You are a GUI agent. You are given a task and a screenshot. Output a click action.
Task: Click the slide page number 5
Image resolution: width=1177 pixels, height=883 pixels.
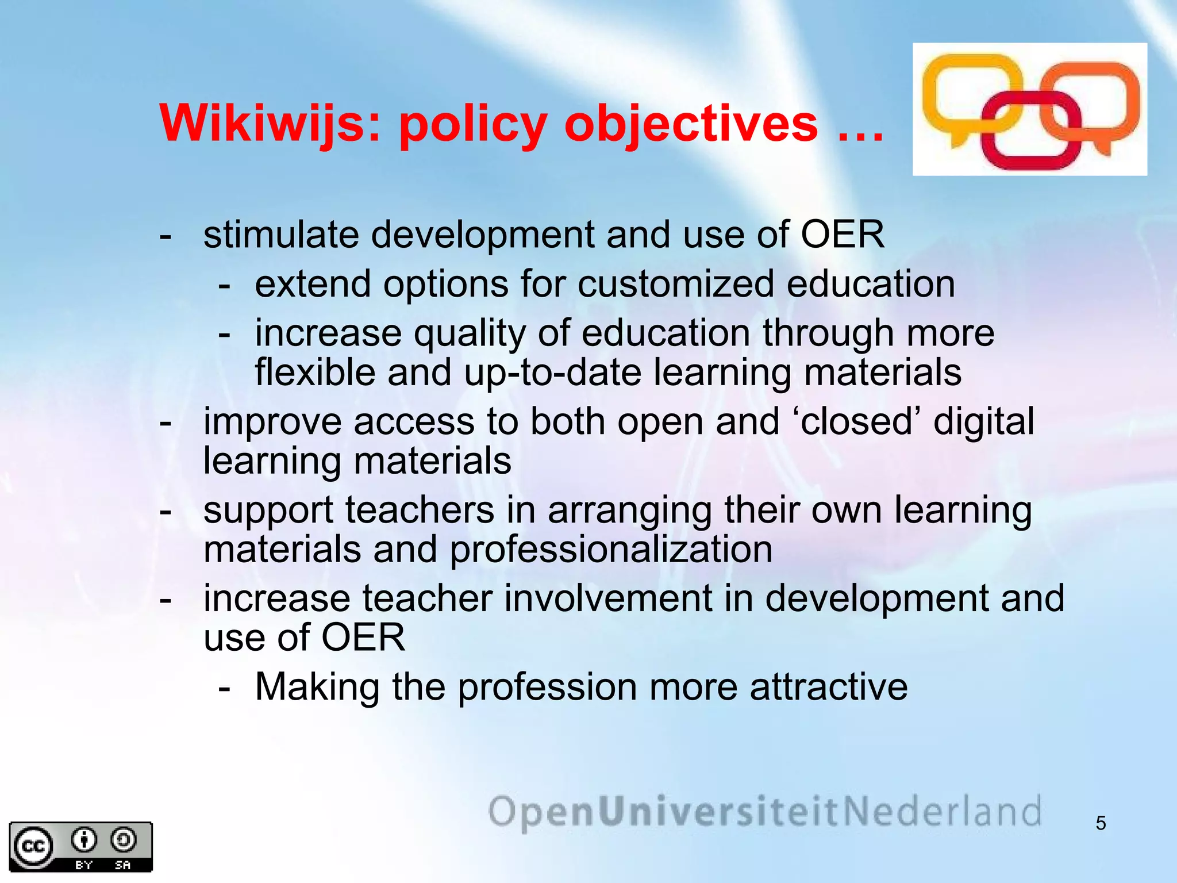(1101, 823)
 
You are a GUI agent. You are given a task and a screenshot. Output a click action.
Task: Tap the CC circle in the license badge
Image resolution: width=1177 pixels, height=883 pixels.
(33, 846)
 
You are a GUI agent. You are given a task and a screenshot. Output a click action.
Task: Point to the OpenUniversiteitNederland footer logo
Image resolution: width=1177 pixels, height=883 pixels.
(764, 812)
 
